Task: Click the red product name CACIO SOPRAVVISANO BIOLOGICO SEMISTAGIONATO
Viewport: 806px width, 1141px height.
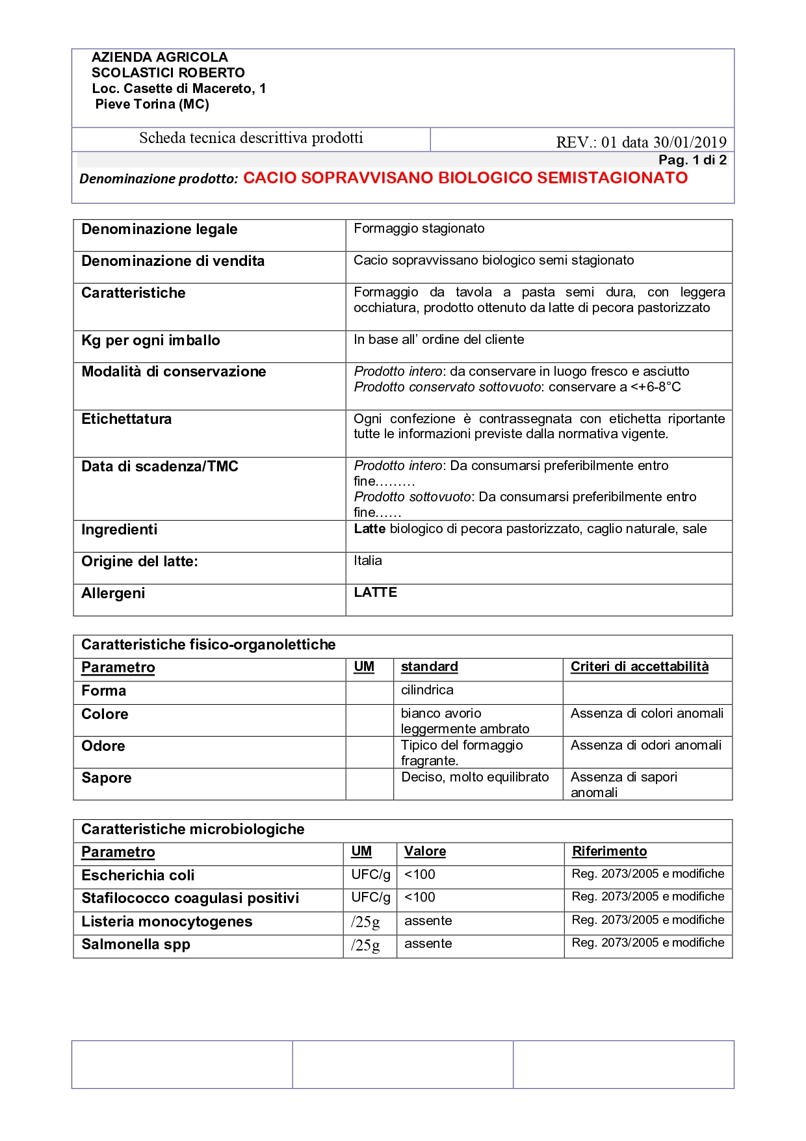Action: pos(465,178)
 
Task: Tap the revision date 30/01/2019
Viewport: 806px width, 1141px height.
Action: pos(690,142)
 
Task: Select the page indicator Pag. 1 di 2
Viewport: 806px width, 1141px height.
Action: pos(692,160)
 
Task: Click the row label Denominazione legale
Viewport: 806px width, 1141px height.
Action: pos(159,230)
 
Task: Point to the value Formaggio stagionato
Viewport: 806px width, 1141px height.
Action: pos(419,229)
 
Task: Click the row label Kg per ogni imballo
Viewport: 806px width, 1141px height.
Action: pos(151,341)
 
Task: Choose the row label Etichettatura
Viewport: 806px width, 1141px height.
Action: pos(126,419)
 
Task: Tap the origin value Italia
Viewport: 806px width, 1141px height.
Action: pos(368,561)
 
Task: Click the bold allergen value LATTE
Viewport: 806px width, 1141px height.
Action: pos(375,593)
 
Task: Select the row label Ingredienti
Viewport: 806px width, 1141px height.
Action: pos(119,530)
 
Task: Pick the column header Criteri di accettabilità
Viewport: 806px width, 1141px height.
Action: pos(640,667)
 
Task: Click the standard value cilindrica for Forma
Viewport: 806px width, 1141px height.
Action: pos(427,690)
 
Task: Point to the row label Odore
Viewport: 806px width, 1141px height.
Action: pos(103,746)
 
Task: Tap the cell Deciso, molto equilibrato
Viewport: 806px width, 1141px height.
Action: pos(474,778)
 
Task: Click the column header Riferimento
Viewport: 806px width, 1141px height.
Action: pos(609,852)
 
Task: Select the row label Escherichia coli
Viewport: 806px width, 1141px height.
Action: pos(138,876)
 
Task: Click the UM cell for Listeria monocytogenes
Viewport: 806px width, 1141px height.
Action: pos(365,922)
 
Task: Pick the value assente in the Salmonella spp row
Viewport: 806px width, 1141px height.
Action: pos(428,944)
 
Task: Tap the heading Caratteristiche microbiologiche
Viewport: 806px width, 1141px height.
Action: pos(192,830)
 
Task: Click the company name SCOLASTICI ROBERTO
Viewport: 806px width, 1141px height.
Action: pos(168,73)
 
